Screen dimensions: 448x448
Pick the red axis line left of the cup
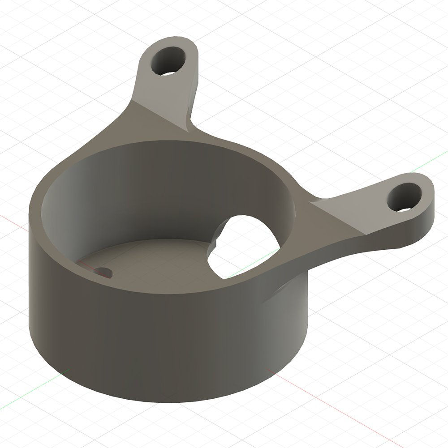coord(13,220)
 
